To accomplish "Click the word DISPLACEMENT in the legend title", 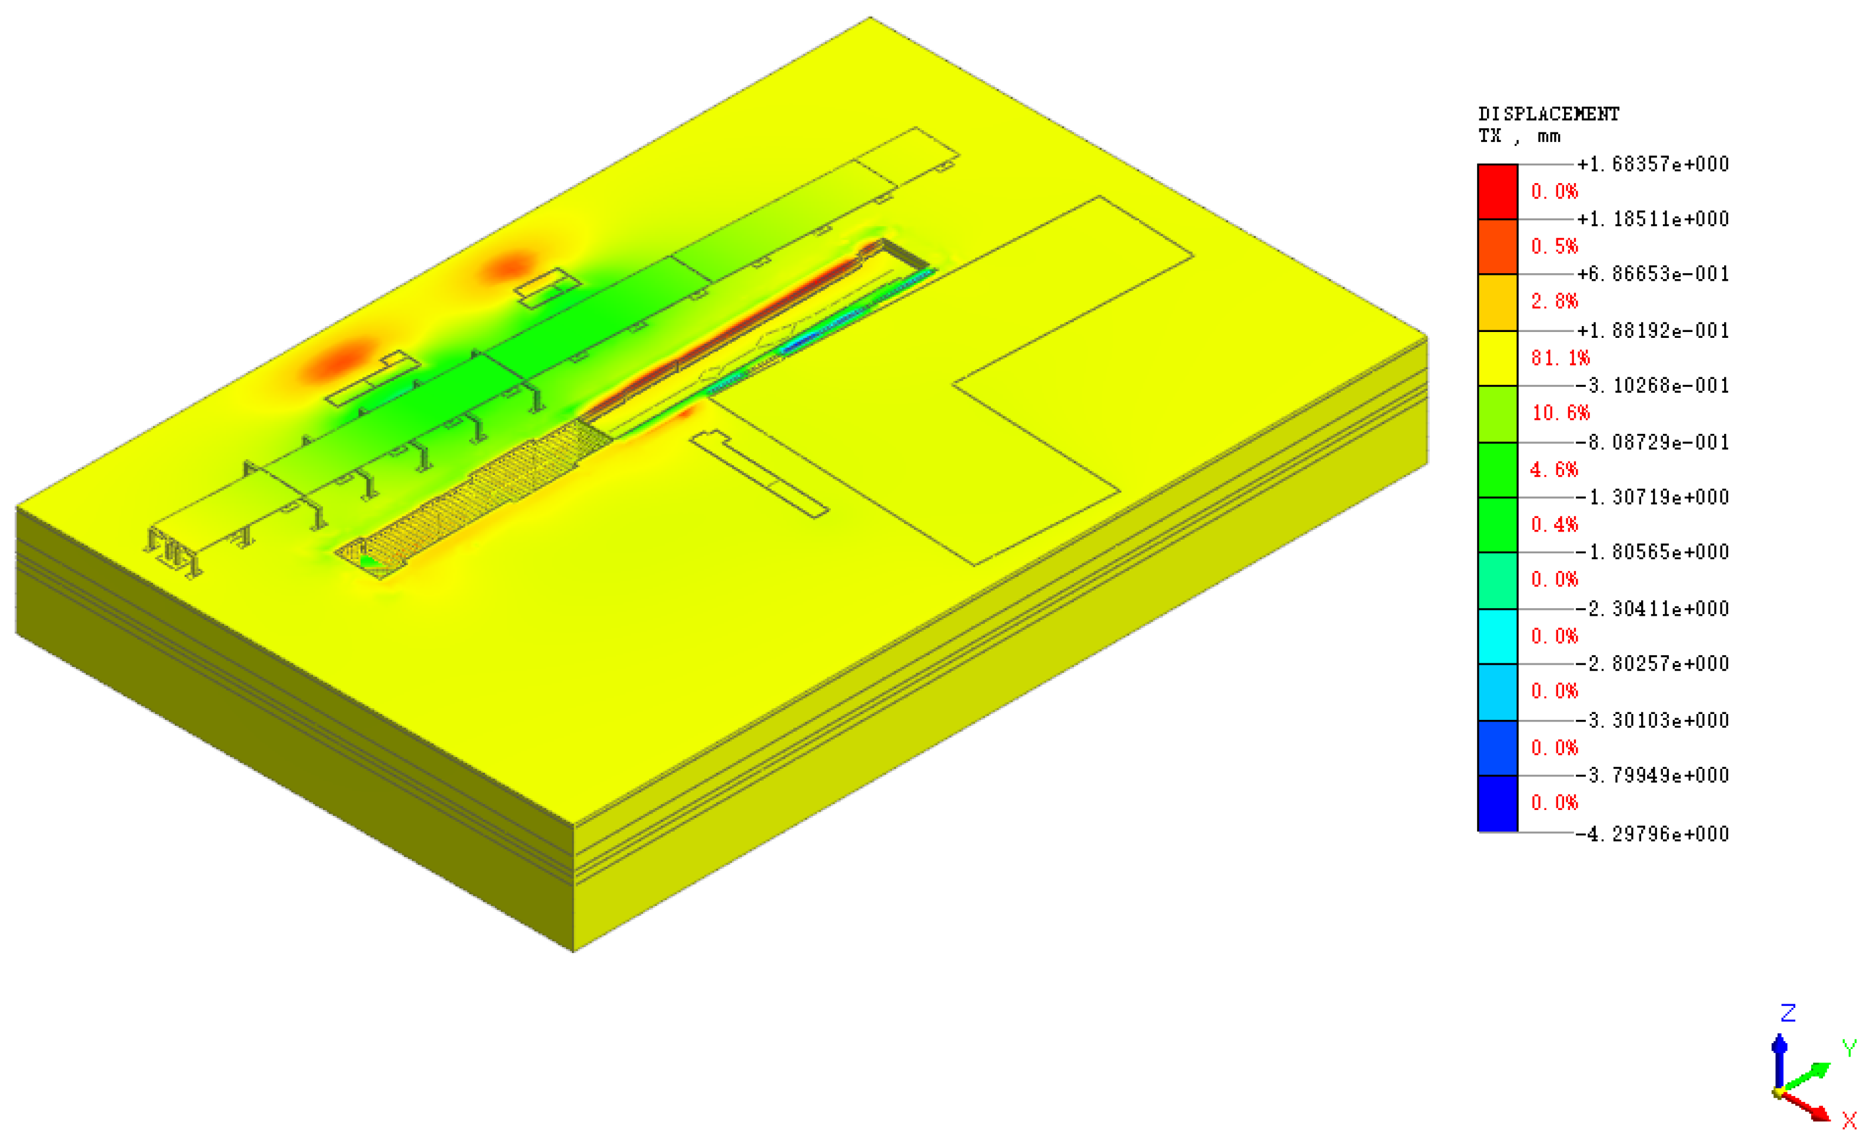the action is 1548,114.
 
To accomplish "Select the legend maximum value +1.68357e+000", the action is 1652,164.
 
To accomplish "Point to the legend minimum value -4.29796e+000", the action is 1652,834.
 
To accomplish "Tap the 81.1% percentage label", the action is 1561,358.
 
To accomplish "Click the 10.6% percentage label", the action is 1561,413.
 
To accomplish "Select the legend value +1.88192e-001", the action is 1652,331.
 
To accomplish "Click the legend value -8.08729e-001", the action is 1652,443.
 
